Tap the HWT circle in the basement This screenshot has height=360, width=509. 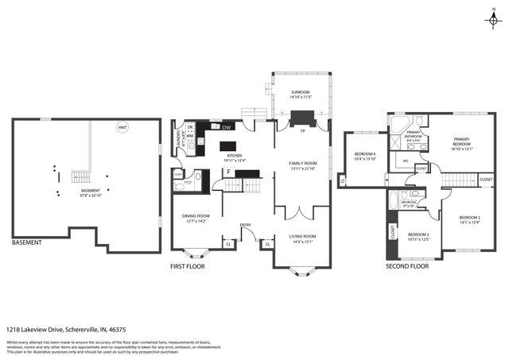pyautogui.click(x=122, y=127)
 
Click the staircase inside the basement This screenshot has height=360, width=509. pyautogui.click(x=80, y=176)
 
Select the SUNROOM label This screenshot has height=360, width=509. pyautogui.click(x=301, y=92)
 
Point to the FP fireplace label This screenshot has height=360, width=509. pyautogui.click(x=302, y=130)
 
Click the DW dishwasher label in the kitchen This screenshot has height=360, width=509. pyautogui.click(x=227, y=127)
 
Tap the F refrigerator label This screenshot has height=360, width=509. pyautogui.click(x=228, y=172)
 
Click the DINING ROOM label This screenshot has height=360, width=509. pyautogui.click(x=196, y=215)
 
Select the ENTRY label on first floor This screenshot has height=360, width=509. pyautogui.click(x=246, y=225)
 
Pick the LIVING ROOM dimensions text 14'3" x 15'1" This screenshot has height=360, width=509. pyautogui.click(x=302, y=242)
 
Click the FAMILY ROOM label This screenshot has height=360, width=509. pyautogui.click(x=302, y=163)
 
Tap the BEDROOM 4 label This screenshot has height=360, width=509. pyautogui.click(x=364, y=153)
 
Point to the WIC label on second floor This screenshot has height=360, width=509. pyautogui.click(x=406, y=161)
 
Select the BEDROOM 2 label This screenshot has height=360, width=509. pyautogui.click(x=470, y=217)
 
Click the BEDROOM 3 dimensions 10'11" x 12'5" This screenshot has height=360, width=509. pyautogui.click(x=418, y=239)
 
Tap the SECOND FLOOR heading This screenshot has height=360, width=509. pyautogui.click(x=407, y=266)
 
